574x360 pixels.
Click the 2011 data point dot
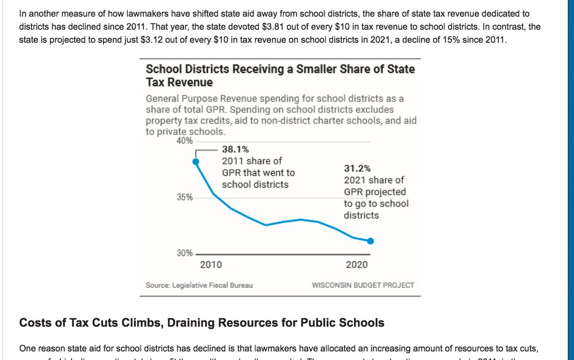coord(195,162)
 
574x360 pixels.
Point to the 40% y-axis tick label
coord(185,141)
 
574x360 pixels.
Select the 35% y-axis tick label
coord(185,197)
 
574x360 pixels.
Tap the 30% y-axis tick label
coord(185,253)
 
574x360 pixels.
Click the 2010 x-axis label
coord(210,265)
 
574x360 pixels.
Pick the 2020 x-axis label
coord(357,265)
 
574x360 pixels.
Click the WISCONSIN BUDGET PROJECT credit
coord(363,285)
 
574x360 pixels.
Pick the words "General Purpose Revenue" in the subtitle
coord(198,99)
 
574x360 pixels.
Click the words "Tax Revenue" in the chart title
coord(179,82)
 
